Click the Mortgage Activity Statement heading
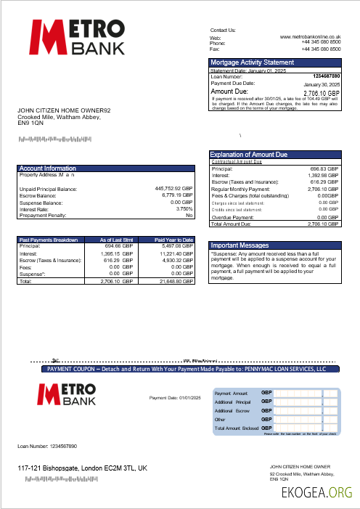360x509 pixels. click(253, 62)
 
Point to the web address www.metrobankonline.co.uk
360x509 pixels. click(311, 36)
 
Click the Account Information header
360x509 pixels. click(48, 168)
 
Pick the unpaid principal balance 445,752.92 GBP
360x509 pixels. click(174, 189)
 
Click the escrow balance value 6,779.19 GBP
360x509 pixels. click(174, 195)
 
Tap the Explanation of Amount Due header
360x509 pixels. click(249, 155)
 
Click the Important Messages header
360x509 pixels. click(240, 245)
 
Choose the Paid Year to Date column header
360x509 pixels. click(174, 240)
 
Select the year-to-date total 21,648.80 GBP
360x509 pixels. click(174, 280)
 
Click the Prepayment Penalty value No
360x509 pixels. click(189, 216)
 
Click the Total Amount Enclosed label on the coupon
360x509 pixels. click(237, 428)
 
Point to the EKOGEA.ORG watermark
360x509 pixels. click(317, 494)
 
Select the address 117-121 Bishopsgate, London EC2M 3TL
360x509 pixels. click(82, 469)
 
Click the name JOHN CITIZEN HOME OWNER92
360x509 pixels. click(64, 110)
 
